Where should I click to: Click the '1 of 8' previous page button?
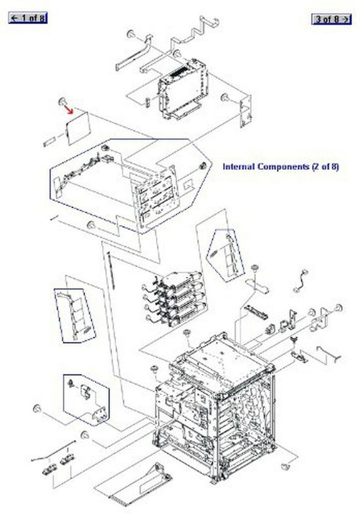tap(28, 19)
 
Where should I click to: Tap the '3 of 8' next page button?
tap(331, 19)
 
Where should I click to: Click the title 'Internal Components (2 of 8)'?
tap(280, 166)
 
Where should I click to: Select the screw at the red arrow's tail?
tap(62, 100)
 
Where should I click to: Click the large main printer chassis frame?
tap(217, 408)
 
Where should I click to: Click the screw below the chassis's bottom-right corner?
tap(284, 467)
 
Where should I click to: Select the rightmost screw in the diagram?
tap(339, 308)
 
